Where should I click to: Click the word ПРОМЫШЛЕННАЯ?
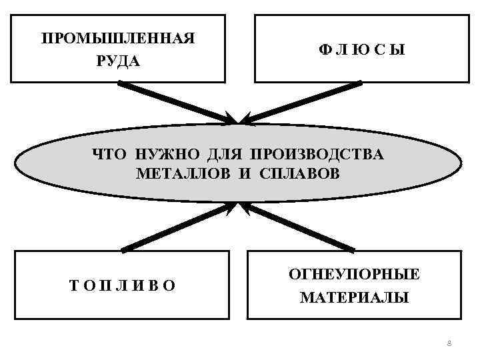[x=118, y=38]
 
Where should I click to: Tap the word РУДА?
[x=118, y=61]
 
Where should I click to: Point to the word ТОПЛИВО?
[x=123, y=286]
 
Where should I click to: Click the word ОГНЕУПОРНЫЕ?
[x=354, y=274]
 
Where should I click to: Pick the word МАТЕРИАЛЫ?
[x=354, y=297]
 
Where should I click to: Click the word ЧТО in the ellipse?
[x=110, y=155]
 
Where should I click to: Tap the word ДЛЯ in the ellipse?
[x=223, y=155]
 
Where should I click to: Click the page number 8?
[x=449, y=343]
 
